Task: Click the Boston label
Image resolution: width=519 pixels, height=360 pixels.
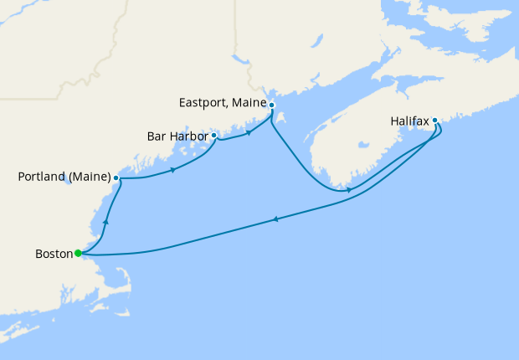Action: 53,253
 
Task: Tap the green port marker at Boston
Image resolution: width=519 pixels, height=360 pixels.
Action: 77,253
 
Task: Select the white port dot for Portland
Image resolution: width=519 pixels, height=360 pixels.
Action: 116,178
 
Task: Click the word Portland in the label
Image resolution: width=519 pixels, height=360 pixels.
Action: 43,177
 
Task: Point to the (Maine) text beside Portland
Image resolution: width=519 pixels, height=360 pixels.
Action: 90,177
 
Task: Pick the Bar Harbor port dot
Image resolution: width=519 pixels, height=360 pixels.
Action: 214,135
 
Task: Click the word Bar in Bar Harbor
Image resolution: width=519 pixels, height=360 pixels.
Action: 157,135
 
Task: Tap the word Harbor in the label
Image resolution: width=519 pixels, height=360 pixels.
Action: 188,135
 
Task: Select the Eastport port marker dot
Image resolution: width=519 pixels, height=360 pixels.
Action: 271,105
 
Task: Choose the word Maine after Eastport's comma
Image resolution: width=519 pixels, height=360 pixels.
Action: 249,103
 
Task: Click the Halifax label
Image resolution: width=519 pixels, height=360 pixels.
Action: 409,121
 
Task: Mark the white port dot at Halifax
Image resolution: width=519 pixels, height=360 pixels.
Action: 435,121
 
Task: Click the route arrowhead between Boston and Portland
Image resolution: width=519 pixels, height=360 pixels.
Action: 105,223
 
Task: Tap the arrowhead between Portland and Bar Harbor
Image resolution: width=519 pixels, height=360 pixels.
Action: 172,170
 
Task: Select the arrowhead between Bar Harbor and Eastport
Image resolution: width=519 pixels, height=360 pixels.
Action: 249,132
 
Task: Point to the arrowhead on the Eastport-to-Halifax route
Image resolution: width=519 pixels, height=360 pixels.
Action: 348,190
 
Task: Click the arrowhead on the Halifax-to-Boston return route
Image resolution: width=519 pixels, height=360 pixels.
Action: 275,220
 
